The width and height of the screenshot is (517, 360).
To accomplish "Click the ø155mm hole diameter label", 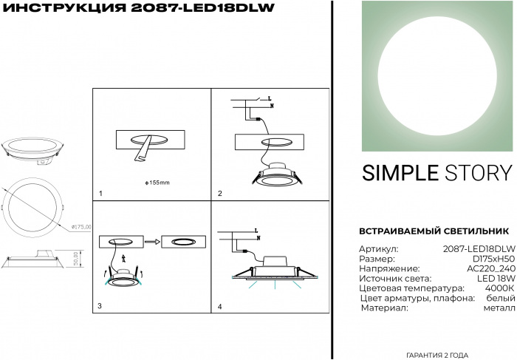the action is pos(157,183).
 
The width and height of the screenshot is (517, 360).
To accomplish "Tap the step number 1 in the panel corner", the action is pos(100,194).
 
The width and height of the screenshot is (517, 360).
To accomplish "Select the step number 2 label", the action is pos(220,194).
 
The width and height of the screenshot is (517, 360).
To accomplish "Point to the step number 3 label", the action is pos(100,306).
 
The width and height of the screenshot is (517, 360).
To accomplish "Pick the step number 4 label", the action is pos(220,307).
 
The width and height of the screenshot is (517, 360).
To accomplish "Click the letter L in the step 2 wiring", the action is pos(270,98).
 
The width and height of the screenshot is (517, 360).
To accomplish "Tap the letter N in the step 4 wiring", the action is pos(258,238).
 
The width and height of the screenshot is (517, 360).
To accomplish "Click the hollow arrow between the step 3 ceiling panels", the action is pos(152,242).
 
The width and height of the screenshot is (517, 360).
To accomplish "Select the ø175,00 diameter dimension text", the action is pos(81,227).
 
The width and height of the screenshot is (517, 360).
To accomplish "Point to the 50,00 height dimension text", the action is pos(76,259).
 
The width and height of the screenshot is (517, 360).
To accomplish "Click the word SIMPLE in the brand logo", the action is pos(400,173).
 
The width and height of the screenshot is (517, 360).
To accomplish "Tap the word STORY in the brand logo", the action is pos(479,173).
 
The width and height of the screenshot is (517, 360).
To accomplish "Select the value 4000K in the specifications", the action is pos(499,288).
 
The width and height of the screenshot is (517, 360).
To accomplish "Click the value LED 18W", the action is pos(496,278).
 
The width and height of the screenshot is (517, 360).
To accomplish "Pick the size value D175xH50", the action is pos(493,259).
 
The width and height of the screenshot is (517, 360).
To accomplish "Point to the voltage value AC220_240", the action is pos(490,268).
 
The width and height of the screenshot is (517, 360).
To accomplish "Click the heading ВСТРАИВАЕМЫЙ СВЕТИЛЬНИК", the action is pos(434,231).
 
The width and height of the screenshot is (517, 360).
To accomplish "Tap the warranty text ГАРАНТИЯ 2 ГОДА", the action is pos(437,356).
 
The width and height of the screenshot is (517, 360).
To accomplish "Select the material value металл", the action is pos(499,308).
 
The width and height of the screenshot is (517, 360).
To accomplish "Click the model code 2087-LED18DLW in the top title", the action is pos(203,8).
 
